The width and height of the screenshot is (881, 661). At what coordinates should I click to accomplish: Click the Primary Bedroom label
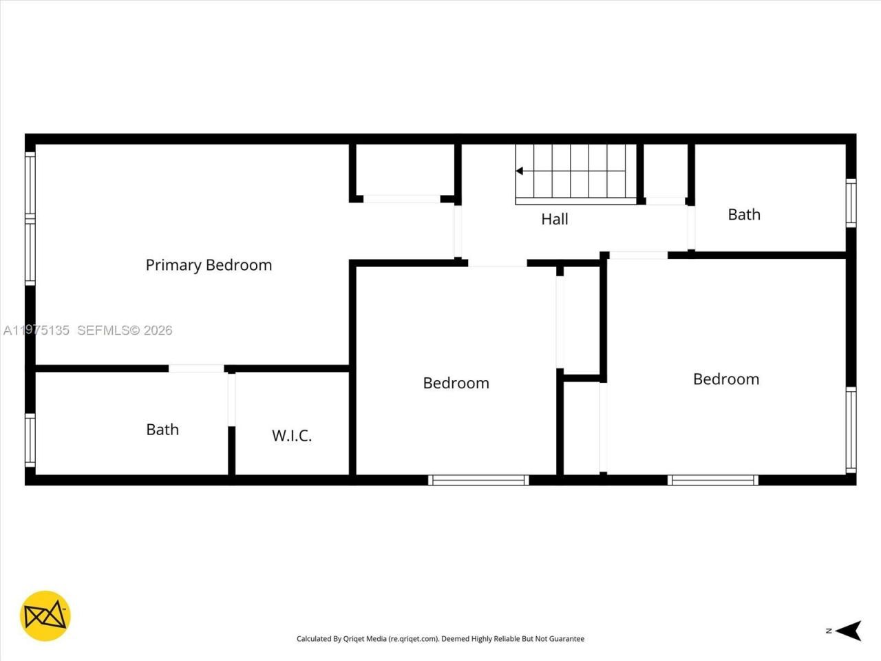click(209, 265)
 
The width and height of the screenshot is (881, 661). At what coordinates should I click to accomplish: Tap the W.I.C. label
click(292, 435)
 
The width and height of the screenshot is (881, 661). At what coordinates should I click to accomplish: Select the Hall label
click(555, 219)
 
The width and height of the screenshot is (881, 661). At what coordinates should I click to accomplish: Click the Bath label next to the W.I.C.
click(162, 430)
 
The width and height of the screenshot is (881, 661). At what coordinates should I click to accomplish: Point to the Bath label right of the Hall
click(744, 214)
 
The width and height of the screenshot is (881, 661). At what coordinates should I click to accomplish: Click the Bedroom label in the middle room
click(456, 383)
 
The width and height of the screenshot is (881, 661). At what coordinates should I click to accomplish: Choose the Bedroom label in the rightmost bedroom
click(726, 379)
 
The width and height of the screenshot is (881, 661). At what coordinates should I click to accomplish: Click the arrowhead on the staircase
click(520, 171)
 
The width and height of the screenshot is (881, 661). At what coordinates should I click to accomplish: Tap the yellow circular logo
click(45, 616)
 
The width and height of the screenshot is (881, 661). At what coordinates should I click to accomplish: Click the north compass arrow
click(852, 630)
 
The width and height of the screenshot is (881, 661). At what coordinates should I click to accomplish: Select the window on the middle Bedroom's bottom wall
click(478, 480)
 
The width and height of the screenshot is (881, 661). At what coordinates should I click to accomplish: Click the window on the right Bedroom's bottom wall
click(713, 480)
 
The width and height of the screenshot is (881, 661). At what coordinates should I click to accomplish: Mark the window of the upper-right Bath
click(851, 203)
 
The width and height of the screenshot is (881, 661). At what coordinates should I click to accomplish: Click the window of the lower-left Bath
click(30, 439)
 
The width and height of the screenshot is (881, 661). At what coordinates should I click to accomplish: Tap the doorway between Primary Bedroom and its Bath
click(196, 368)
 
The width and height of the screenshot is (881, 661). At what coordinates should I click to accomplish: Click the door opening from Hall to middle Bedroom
click(497, 263)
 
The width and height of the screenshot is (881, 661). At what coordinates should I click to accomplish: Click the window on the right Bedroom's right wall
click(851, 430)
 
